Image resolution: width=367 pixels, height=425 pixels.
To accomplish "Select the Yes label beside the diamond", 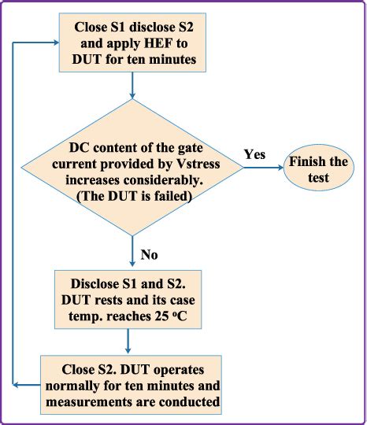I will click(x=254, y=154).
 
